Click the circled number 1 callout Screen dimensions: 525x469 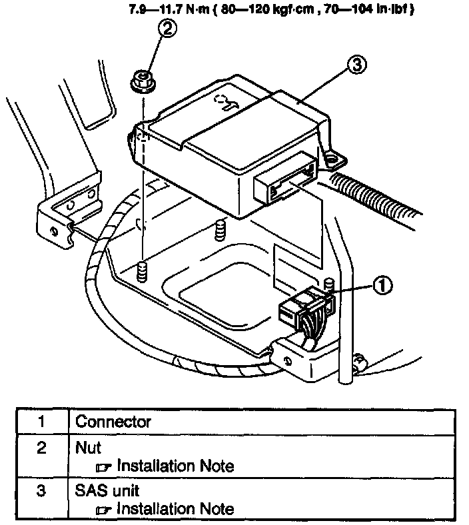coord(380,286)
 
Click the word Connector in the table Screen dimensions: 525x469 coord(113,422)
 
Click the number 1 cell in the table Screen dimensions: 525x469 coord(41,422)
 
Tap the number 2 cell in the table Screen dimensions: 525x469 coord(41,449)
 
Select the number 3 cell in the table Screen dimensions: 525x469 coord(41,492)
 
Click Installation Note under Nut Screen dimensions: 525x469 coord(175,466)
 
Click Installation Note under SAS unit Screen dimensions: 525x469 coord(175,509)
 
